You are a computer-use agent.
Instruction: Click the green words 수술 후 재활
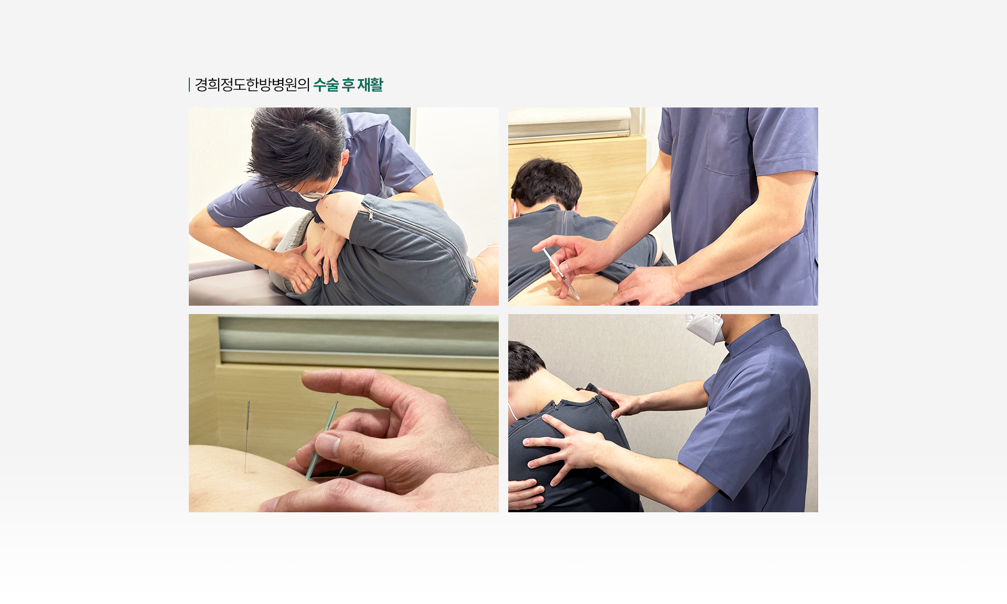click(348, 85)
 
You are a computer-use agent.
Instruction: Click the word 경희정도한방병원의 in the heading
click(252, 85)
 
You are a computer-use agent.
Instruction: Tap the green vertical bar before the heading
click(189, 85)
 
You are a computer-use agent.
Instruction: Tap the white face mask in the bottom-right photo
click(705, 328)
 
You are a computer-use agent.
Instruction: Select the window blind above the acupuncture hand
click(359, 341)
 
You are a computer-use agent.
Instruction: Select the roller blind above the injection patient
click(570, 125)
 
